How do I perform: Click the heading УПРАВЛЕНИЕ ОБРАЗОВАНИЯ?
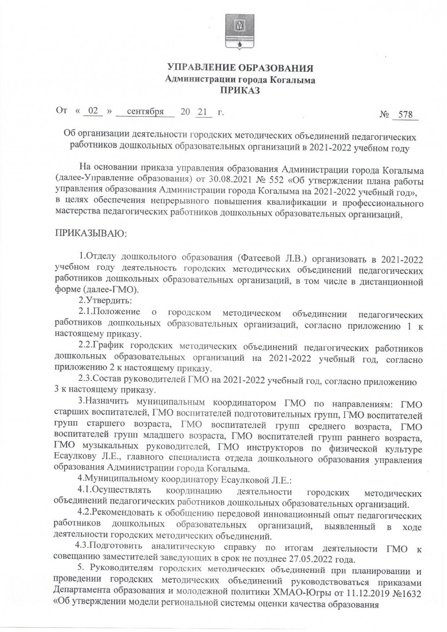point(240,68)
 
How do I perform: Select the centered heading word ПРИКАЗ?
point(240,89)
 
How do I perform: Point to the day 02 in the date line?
point(94,112)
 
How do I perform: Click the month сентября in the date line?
point(145,112)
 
